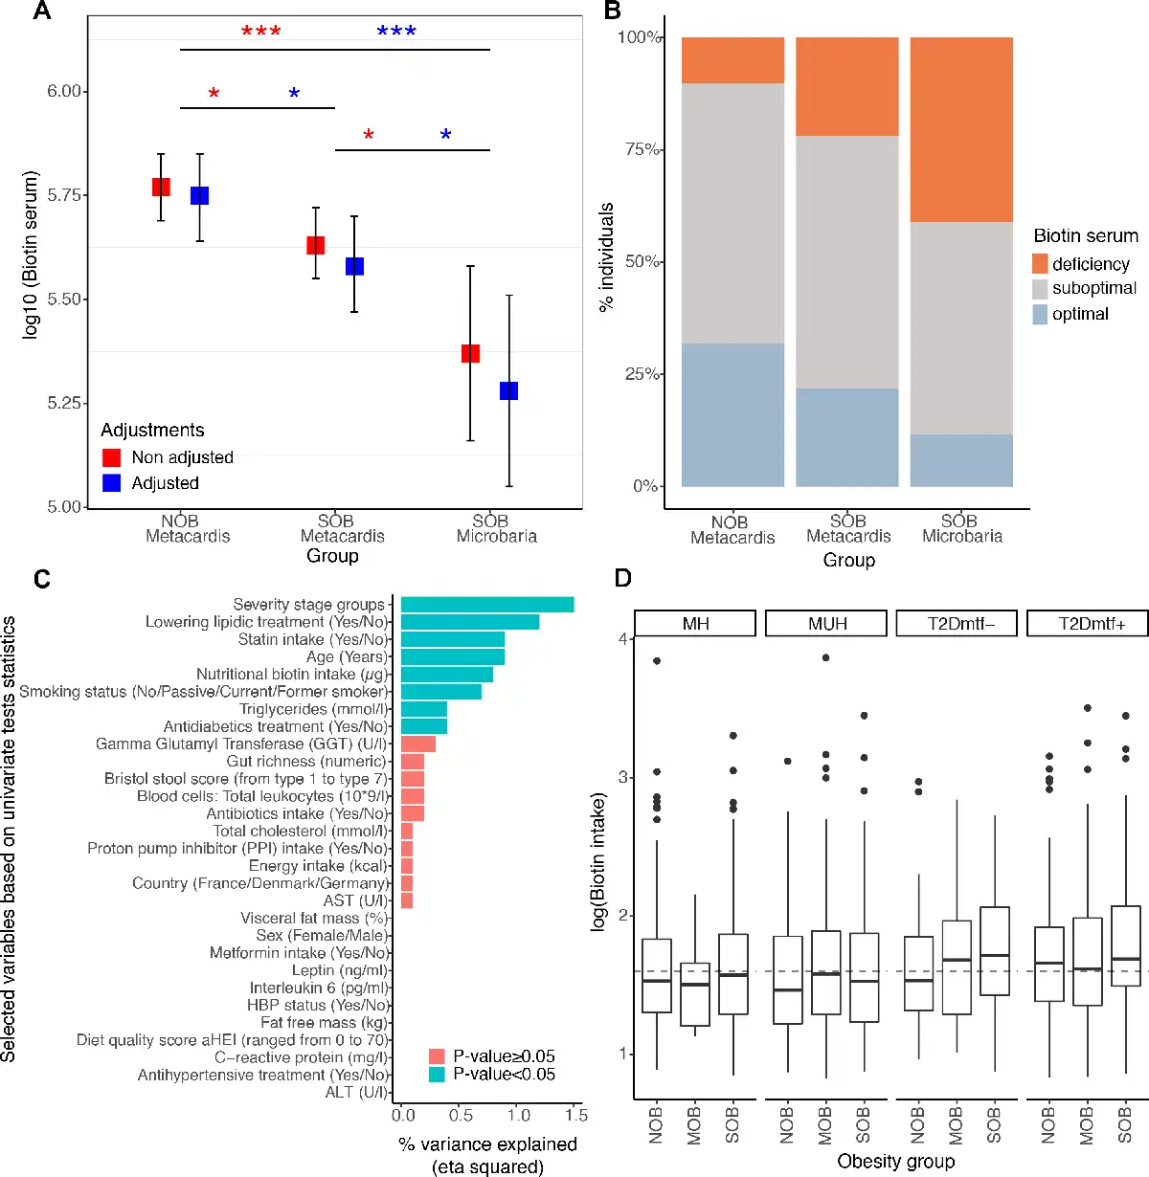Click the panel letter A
(x=41, y=11)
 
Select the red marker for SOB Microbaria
(x=470, y=353)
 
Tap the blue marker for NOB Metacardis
(x=199, y=195)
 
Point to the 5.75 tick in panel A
(x=64, y=195)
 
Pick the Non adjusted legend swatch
(x=112, y=457)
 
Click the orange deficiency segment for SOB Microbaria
(x=961, y=130)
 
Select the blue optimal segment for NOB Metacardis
(x=732, y=414)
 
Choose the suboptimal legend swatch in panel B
(x=1040, y=289)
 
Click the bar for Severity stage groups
(x=487, y=605)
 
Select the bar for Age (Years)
(x=453, y=656)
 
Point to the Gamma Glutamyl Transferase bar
(x=418, y=744)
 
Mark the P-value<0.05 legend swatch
(x=437, y=1075)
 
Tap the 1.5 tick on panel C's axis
(x=576, y=1115)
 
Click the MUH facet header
(x=827, y=624)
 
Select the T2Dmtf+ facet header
(x=1092, y=624)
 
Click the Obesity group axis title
(x=895, y=1162)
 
